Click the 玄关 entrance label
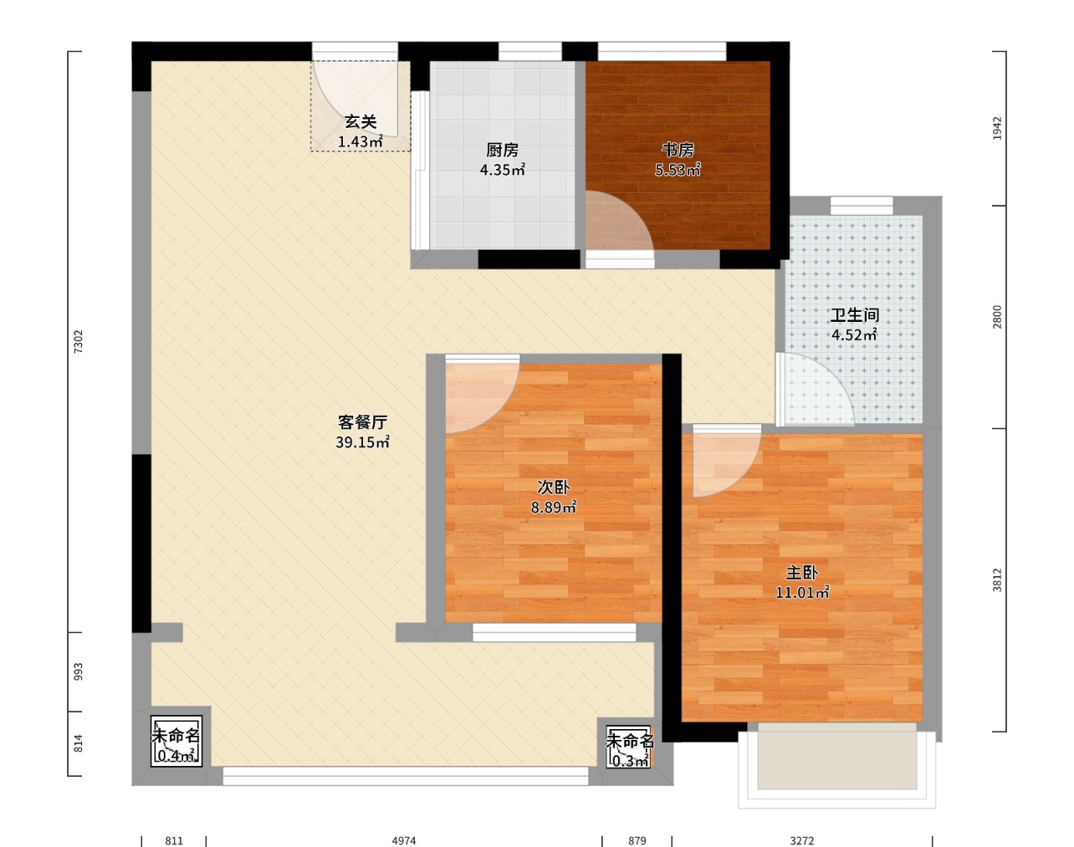(361, 122)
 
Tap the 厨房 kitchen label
(503, 151)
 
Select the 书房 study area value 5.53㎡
(678, 170)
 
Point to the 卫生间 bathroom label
(854, 315)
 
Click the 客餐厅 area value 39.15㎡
(363, 442)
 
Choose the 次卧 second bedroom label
(554, 487)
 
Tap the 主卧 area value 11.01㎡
(802, 593)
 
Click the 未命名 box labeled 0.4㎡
(176, 742)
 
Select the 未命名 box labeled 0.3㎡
(629, 747)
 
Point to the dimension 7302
(79, 342)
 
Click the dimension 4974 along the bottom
(404, 841)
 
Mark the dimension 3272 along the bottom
(802, 841)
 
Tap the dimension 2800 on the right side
(997, 317)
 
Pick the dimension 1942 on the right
(997, 128)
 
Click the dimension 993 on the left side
(79, 672)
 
